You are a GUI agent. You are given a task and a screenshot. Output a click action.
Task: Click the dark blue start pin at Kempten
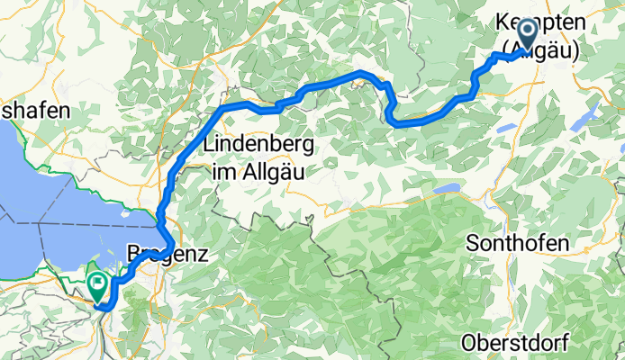point(526,37)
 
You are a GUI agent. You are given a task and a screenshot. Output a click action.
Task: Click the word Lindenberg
point(258,144)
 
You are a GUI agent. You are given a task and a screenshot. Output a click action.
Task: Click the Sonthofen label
point(519,244)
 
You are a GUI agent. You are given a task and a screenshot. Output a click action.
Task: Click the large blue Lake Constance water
point(63,207)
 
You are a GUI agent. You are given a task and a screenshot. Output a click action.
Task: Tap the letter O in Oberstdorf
point(468,342)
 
